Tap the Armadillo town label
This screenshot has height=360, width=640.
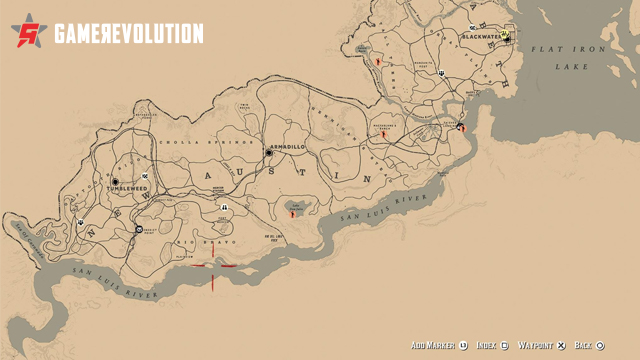[288, 147]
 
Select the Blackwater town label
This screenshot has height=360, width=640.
[482, 37]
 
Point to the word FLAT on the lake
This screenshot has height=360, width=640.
[551, 47]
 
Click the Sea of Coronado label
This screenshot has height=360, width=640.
[25, 239]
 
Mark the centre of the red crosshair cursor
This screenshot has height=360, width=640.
[211, 266]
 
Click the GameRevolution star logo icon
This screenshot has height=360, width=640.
[30, 34]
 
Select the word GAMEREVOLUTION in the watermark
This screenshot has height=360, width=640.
[128, 34]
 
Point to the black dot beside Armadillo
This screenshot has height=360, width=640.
[269, 152]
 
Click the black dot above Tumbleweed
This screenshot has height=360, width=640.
[115, 182]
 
